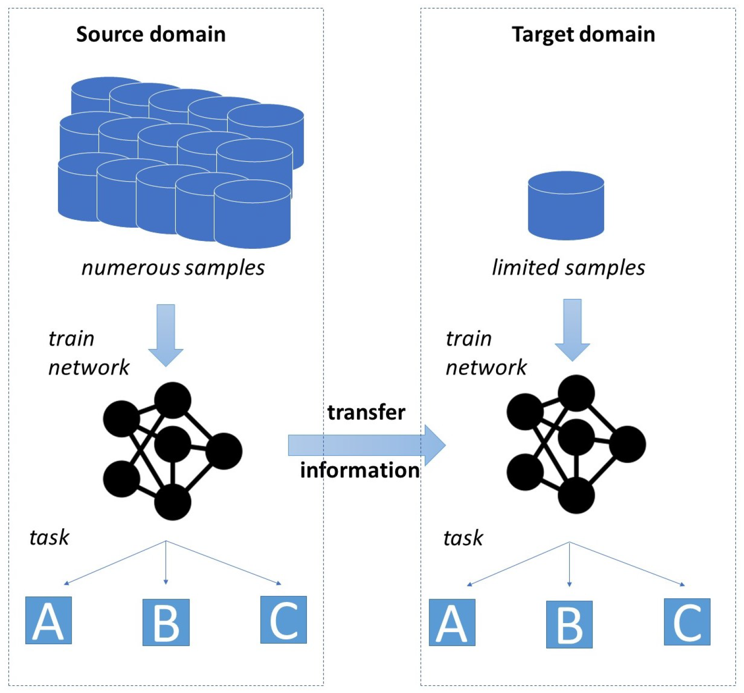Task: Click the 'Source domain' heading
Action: pos(150,34)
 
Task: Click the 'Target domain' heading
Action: pos(583,34)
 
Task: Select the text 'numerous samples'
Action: pos(173,268)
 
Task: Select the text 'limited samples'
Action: pos(568,268)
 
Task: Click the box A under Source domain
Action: pos(48,620)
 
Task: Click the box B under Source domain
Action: pos(166,623)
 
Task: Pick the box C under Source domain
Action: pos(283,620)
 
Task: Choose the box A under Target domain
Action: pos(451,623)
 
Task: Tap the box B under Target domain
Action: pos(569,624)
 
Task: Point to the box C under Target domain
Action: pos(686,622)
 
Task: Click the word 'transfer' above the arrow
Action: pos(366,412)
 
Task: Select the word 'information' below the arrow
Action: pos(359,470)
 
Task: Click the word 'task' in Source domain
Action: pos(49,537)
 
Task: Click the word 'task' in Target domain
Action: pos(463,538)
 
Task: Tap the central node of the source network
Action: pos(173,444)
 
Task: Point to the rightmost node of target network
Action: pos(627,444)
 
